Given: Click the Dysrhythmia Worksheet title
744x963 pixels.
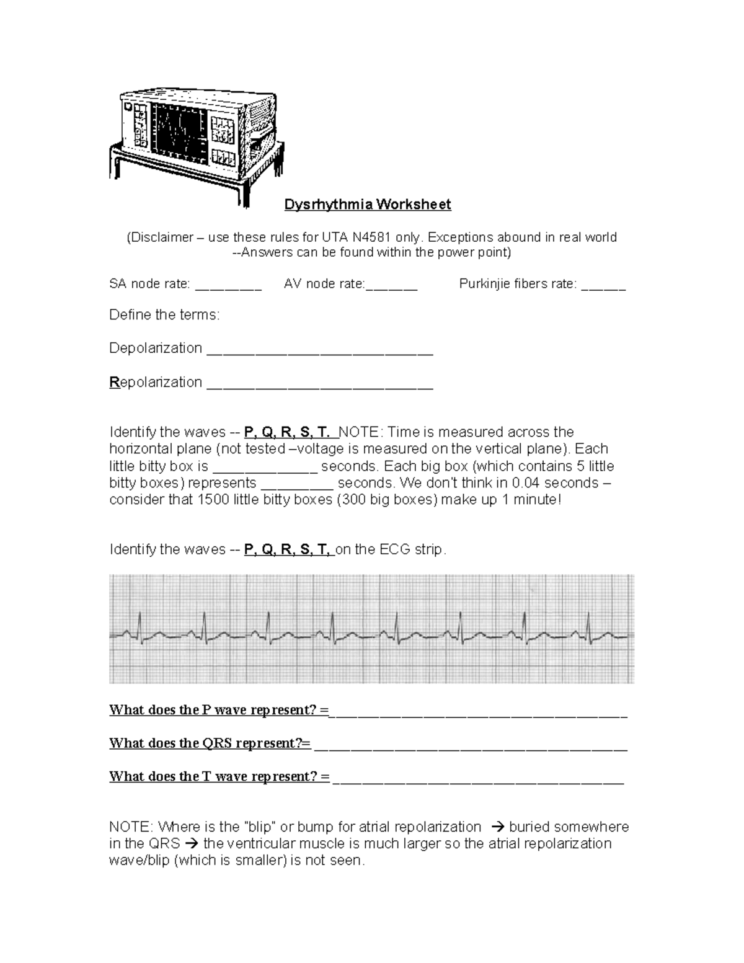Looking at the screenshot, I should point(368,205).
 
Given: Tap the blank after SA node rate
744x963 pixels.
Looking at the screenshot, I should point(228,287).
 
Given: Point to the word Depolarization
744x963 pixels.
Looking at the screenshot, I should point(156,348).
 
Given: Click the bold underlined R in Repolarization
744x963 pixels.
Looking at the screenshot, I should point(114,382).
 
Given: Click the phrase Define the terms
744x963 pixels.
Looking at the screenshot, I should point(164,315).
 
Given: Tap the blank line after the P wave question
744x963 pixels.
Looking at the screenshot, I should point(478,712).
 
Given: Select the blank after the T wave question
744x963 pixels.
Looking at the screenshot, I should point(478,779).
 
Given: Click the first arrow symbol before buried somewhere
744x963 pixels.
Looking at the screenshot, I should point(497,827).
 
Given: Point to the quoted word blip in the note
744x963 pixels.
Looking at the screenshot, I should point(259,827).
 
